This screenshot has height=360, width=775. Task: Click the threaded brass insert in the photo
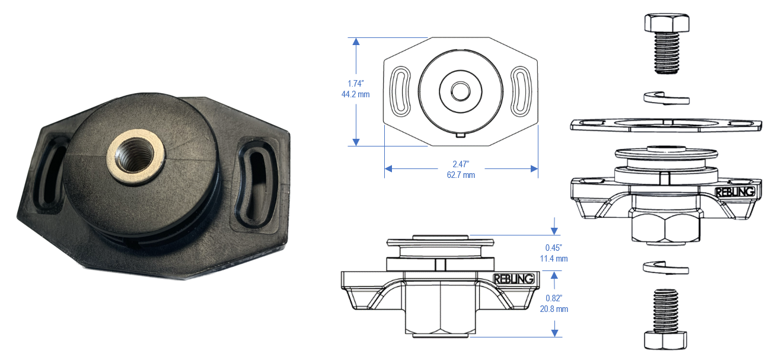point(136,157)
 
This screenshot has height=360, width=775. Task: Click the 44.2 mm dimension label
point(355,94)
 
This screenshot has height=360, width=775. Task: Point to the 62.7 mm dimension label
point(461,175)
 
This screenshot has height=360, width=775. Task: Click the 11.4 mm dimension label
point(554,259)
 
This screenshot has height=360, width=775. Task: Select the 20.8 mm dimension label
point(554,309)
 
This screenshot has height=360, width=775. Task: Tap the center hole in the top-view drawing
point(461,91)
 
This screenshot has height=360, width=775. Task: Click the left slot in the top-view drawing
point(400,91)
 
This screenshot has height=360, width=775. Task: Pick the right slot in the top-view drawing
point(521,91)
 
